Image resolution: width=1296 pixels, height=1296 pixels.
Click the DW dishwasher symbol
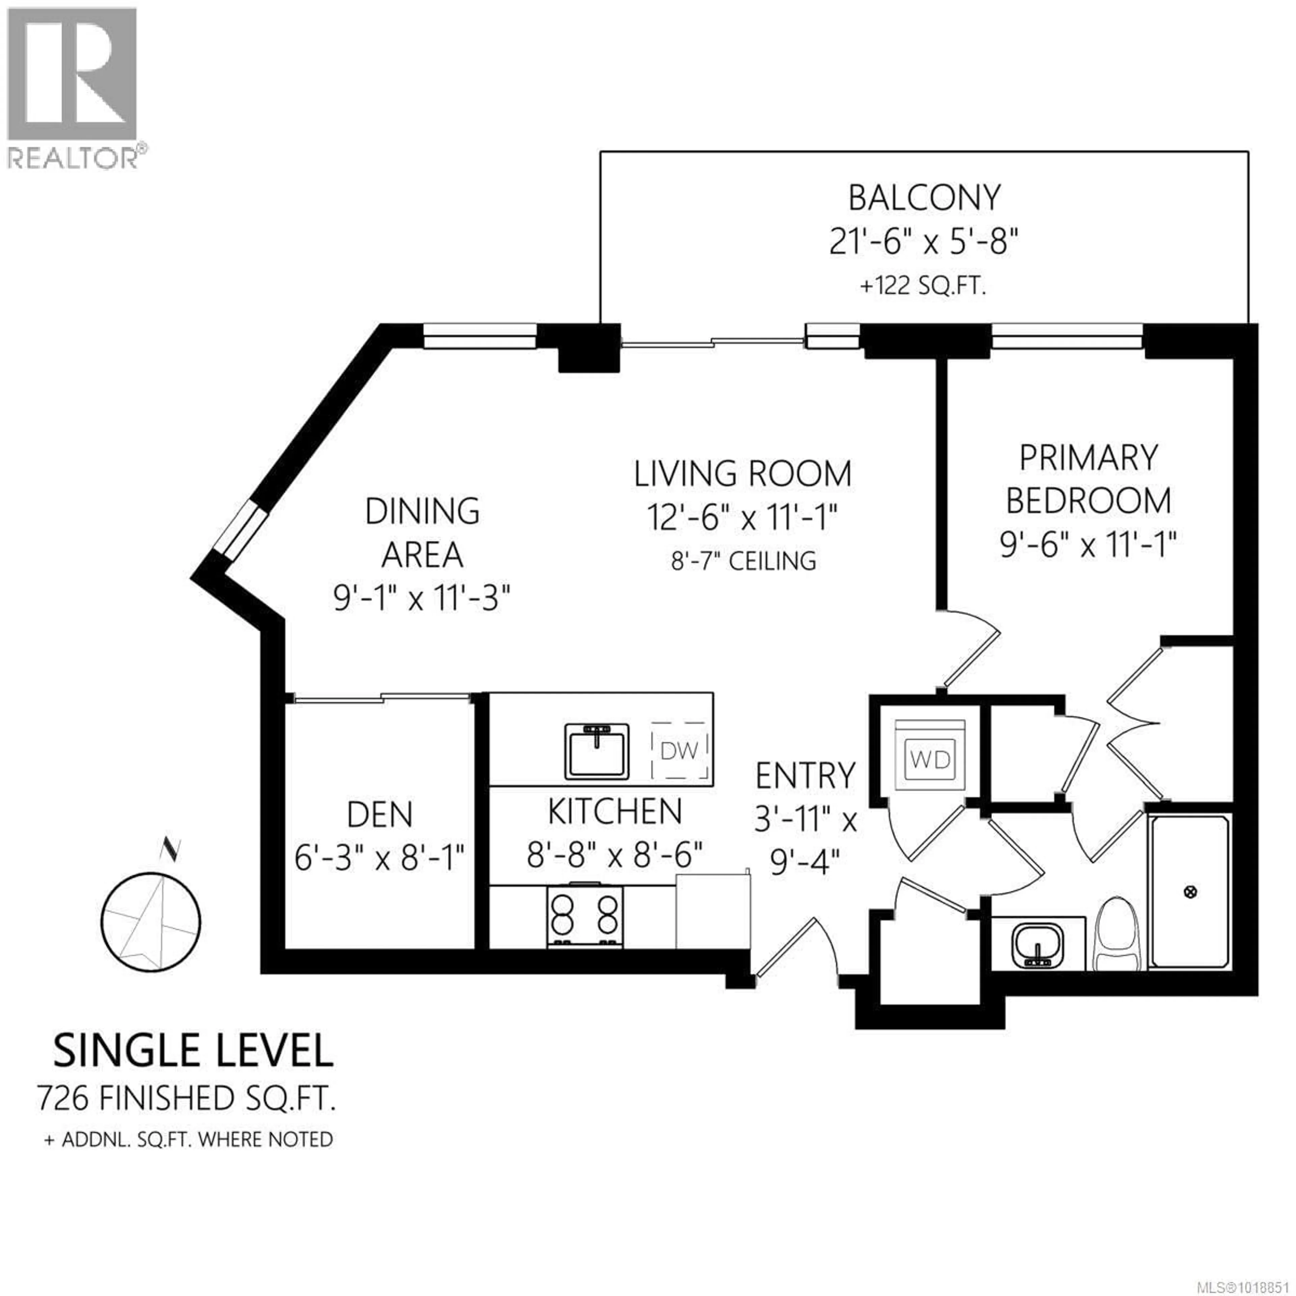(679, 751)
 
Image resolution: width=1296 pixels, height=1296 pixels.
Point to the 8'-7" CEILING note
(743, 561)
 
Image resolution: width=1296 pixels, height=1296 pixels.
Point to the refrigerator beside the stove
(712, 910)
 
